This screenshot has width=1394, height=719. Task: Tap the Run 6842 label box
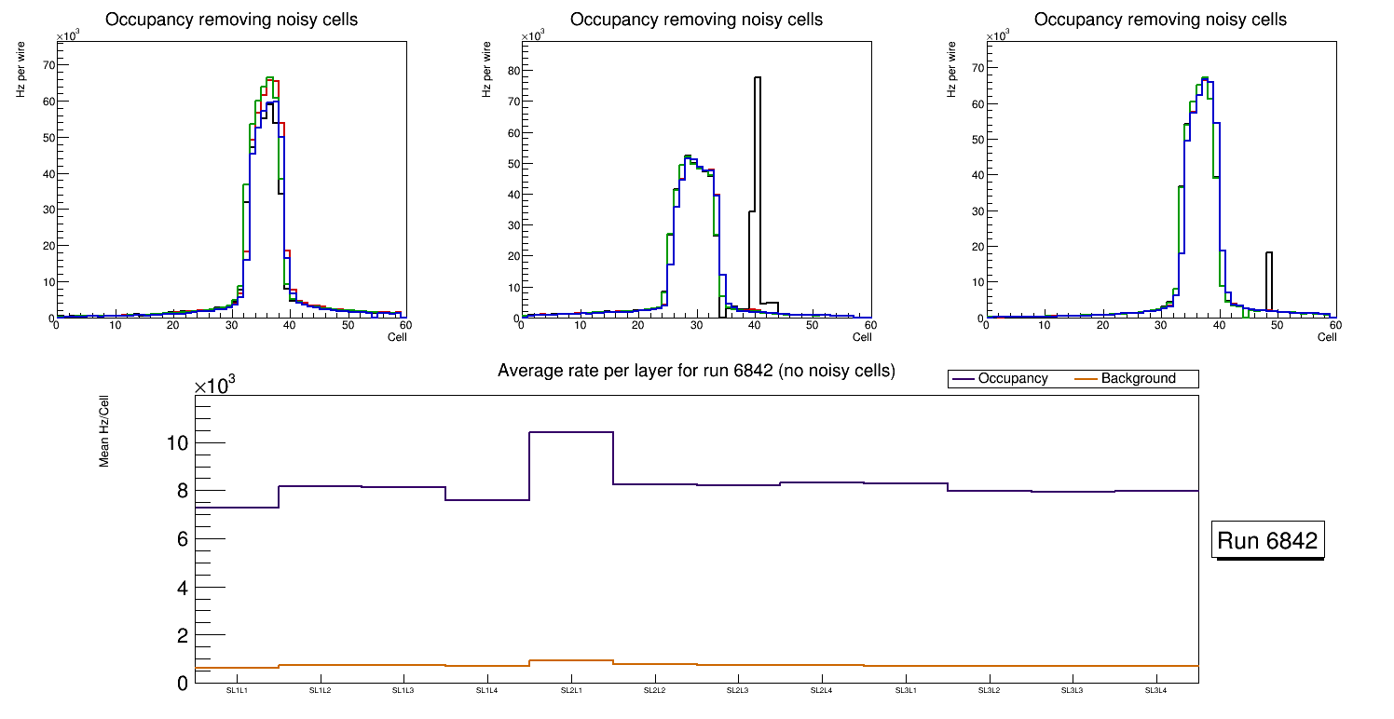(x=1268, y=541)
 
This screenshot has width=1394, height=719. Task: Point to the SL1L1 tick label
(x=237, y=691)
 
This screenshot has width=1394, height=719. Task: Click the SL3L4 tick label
(x=1156, y=691)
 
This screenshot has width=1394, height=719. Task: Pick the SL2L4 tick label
(x=822, y=691)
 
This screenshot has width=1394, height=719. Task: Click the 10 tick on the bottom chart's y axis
(x=177, y=443)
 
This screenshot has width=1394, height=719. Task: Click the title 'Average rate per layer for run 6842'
(x=696, y=371)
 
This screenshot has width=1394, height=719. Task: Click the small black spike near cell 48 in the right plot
(x=1269, y=279)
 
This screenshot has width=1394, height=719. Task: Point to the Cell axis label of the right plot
(x=1327, y=337)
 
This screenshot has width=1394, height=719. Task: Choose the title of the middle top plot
(x=696, y=20)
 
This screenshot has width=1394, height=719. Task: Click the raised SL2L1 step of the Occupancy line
(x=571, y=432)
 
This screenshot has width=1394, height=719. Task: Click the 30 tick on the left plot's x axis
(x=231, y=325)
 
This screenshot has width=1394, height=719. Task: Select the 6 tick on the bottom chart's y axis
(x=182, y=539)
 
